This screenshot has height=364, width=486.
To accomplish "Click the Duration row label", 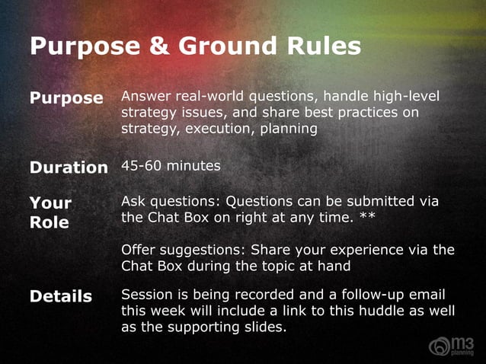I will (69, 167).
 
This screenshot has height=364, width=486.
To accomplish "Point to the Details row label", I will (61, 296).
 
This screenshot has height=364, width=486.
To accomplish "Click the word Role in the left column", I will (50, 222).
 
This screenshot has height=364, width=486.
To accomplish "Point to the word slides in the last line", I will (264, 327).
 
